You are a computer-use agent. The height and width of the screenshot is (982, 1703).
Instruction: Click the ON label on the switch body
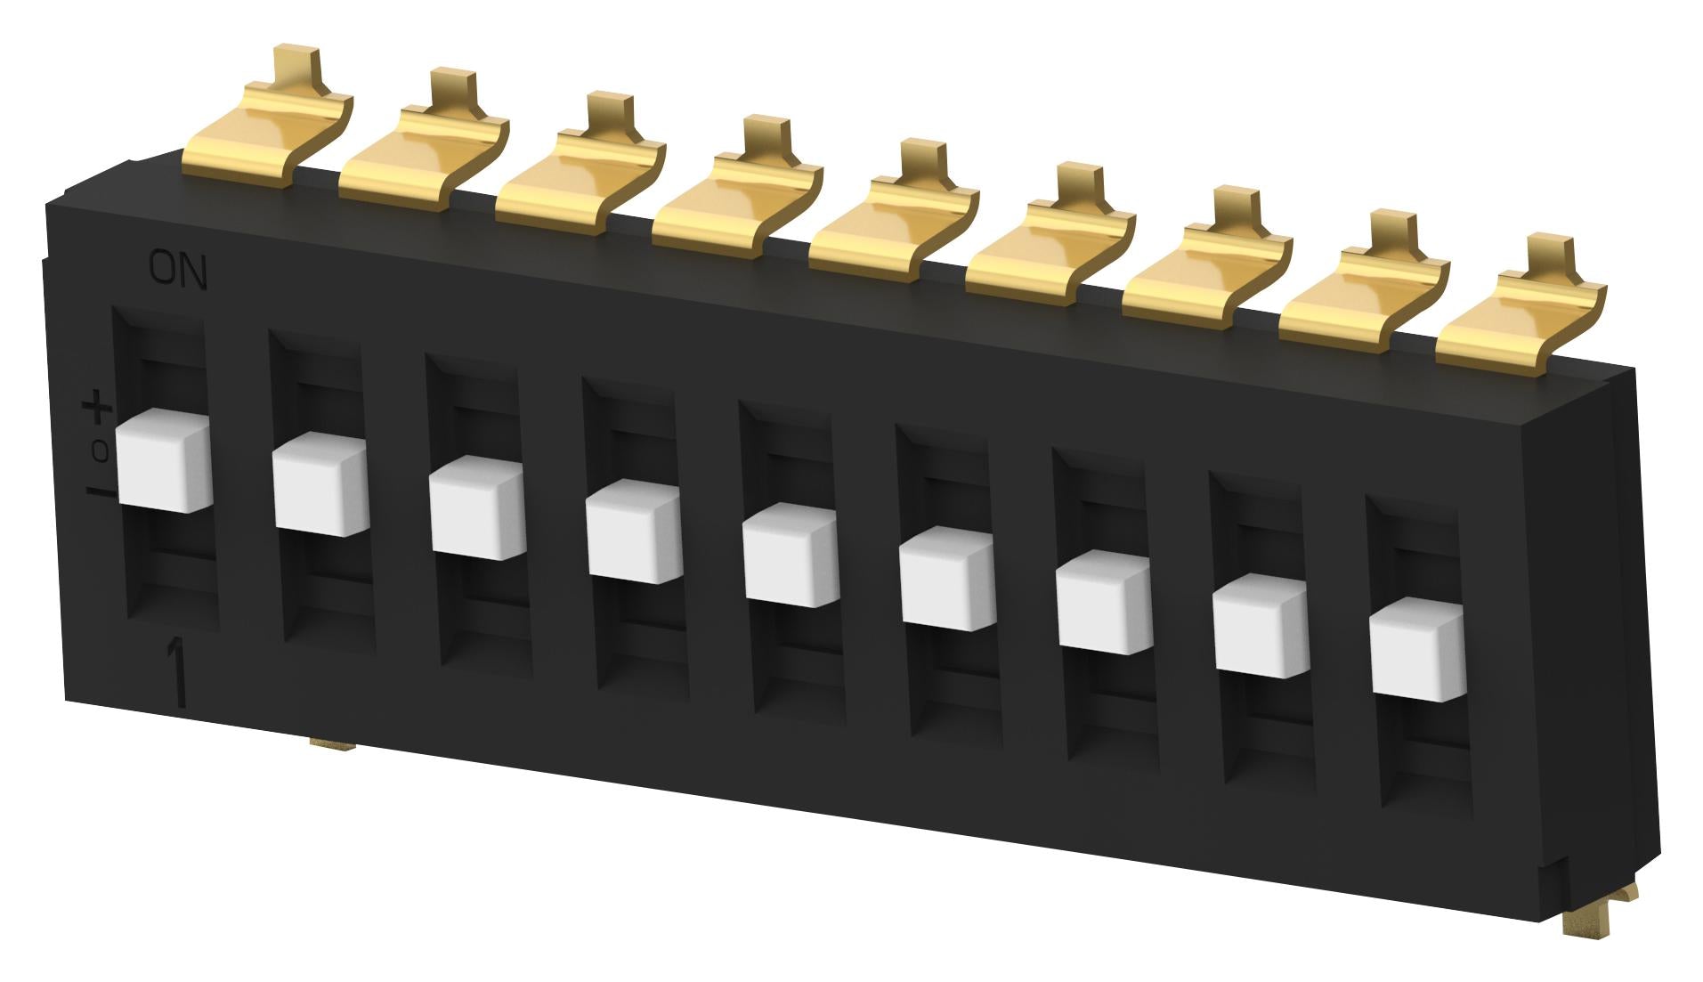(178, 271)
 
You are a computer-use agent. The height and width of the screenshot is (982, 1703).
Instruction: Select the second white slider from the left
(320, 483)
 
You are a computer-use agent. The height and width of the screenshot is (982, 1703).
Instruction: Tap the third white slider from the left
(477, 507)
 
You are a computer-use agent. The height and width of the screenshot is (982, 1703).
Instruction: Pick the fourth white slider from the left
(634, 532)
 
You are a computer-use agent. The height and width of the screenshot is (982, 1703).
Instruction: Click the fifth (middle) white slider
(791, 555)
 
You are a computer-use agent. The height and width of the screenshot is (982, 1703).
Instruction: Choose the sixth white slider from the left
(947, 579)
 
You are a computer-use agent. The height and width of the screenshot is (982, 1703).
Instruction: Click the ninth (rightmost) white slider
(1417, 649)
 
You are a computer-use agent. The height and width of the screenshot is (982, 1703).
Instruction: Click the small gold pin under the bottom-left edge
(333, 742)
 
